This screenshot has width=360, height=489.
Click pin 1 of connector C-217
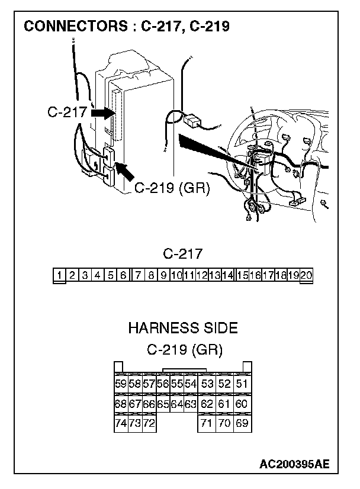(60, 275)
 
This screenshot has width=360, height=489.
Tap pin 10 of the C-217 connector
(176, 275)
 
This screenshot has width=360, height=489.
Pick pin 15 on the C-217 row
(242, 275)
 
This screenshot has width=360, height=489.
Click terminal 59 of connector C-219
(120, 384)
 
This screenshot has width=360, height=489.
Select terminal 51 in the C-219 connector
(242, 384)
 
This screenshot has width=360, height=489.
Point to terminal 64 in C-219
(176, 404)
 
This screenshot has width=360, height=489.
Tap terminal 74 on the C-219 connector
(120, 424)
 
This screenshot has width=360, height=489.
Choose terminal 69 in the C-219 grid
(242, 424)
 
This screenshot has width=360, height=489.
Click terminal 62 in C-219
(207, 404)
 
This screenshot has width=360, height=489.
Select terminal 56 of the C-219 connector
(163, 384)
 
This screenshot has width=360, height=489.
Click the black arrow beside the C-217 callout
(104, 112)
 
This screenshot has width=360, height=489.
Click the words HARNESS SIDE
(183, 327)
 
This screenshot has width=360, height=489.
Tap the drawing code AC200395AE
(294, 463)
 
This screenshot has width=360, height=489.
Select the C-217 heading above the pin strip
(183, 255)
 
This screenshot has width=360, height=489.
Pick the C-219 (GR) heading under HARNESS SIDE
(184, 349)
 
